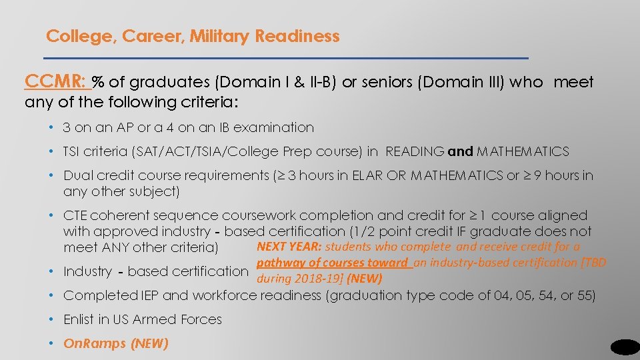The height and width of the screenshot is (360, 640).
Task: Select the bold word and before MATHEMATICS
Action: [x=460, y=151]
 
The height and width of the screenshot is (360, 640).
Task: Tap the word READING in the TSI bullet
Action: [x=415, y=151]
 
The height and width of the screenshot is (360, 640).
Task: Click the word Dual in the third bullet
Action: [x=76, y=176]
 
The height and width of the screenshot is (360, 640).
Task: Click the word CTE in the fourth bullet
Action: [x=75, y=216]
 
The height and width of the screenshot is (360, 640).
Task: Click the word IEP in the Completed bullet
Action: [x=147, y=295]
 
